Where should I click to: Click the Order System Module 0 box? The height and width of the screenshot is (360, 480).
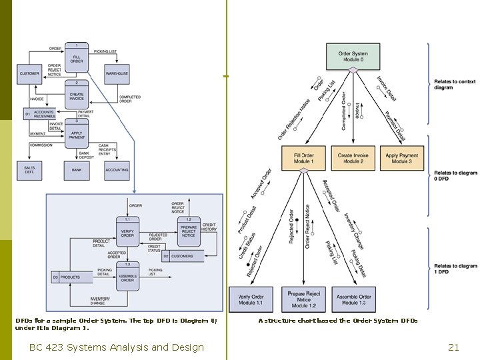click(353, 57)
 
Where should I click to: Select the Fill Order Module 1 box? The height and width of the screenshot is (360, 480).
click(303, 158)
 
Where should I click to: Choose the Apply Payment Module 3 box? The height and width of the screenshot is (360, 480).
click(402, 158)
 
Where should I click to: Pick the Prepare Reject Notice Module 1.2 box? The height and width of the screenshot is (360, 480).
click(303, 299)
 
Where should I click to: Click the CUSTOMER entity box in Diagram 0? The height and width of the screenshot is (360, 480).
click(30, 73)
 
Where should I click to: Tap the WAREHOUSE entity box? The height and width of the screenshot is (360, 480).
click(117, 73)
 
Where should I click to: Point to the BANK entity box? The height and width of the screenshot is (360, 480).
click(77, 169)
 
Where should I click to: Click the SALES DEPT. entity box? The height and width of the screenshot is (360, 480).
click(29, 169)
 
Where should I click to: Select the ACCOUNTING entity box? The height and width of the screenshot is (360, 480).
click(117, 169)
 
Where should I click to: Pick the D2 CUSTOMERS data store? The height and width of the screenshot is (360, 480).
click(178, 256)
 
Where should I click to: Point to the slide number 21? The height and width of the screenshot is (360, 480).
click(454, 347)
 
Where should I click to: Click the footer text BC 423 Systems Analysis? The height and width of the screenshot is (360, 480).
click(117, 347)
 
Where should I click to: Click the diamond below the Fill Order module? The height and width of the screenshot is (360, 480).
click(304, 171)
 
